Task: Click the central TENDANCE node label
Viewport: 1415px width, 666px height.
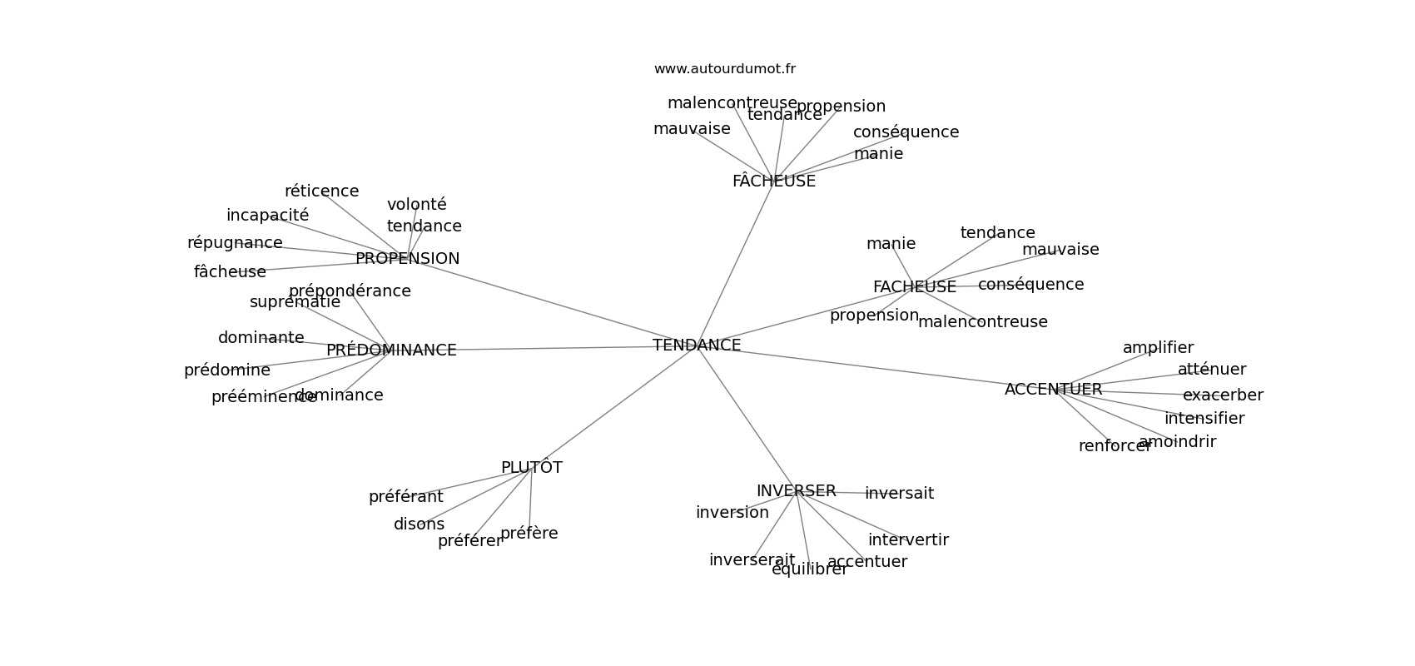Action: point(697,345)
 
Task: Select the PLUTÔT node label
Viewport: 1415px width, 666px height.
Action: point(531,468)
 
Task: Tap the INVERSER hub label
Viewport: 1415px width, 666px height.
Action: point(796,491)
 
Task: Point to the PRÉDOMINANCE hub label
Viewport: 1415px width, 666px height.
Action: point(391,350)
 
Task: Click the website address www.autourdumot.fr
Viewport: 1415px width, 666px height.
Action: point(724,69)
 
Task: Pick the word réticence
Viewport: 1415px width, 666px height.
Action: point(321,191)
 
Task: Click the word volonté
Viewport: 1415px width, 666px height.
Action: point(416,205)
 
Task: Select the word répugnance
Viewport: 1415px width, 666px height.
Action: point(235,243)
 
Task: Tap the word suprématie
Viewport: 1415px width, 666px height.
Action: point(295,302)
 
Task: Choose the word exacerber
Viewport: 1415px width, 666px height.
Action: point(1223,395)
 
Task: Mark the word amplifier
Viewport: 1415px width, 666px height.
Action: point(1158,348)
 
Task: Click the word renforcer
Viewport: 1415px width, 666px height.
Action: point(1114,446)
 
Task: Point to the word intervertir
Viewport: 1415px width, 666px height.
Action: point(908,540)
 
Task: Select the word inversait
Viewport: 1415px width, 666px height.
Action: point(899,494)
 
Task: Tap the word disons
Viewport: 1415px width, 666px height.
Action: point(419,524)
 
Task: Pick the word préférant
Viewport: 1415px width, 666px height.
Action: point(405,497)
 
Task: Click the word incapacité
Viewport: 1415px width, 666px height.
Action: point(267,216)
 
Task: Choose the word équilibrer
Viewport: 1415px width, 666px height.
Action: point(809,569)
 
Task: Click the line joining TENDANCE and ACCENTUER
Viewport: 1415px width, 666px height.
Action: point(874,366)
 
